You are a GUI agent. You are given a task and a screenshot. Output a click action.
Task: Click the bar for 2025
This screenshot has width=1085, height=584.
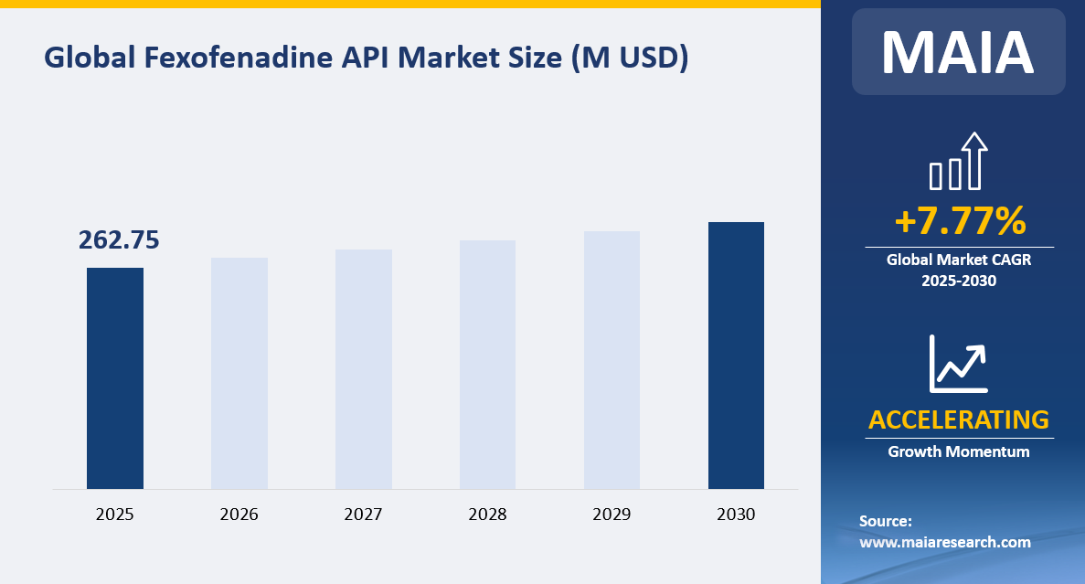(x=115, y=378)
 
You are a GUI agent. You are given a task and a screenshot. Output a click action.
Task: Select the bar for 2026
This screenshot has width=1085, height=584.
(x=239, y=373)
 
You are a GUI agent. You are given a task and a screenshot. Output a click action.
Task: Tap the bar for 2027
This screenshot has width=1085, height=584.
(x=364, y=369)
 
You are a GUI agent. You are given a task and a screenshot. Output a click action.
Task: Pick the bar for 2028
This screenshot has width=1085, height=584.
(x=487, y=365)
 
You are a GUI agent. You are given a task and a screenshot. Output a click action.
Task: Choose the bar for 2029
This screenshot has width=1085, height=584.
(x=612, y=360)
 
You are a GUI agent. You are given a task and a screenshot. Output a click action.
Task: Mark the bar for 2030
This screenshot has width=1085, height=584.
(x=736, y=356)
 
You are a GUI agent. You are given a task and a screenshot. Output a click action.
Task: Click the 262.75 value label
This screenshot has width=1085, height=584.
(x=119, y=239)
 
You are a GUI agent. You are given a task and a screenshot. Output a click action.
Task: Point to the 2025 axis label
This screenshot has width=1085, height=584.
(x=115, y=515)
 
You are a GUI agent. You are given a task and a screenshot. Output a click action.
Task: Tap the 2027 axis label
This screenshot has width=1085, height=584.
(x=364, y=515)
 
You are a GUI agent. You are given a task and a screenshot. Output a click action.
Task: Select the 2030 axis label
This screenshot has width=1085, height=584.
(x=736, y=515)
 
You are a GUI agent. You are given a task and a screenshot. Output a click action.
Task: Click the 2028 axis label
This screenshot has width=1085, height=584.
(x=487, y=515)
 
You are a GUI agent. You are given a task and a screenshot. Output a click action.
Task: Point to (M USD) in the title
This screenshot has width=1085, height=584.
(x=629, y=58)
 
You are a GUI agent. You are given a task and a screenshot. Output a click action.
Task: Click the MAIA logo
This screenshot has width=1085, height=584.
(x=958, y=52)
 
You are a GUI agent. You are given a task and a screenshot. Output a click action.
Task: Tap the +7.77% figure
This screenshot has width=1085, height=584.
(x=959, y=221)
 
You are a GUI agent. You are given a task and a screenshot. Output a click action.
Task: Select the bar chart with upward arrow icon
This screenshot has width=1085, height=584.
(x=959, y=162)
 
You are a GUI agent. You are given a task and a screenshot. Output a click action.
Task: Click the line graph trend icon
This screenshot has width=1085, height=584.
(x=959, y=364)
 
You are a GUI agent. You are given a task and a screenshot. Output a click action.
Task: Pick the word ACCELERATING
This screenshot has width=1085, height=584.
(x=959, y=419)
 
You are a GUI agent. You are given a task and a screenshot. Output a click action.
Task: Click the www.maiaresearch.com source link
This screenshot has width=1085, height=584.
(x=945, y=542)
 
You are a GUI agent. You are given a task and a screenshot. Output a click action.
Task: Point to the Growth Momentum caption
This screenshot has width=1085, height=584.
(x=959, y=451)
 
